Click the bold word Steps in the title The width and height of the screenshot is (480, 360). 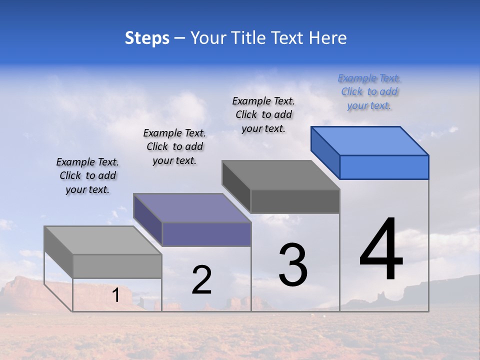[147, 38]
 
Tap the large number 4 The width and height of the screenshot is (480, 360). [381, 249]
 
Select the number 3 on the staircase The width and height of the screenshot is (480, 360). [293, 265]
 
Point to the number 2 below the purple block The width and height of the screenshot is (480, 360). [201, 280]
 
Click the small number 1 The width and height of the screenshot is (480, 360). [116, 295]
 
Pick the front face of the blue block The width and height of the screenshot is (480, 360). [384, 167]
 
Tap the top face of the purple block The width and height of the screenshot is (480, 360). [192, 207]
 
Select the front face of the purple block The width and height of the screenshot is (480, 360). [206, 234]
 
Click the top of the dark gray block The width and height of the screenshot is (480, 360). [281, 175]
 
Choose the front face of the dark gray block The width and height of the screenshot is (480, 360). [295, 201]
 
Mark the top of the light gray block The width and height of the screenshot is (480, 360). [103, 240]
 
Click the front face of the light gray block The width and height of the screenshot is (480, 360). [117, 266]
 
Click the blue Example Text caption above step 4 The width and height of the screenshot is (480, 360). [369, 92]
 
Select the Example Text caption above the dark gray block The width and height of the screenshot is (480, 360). [263, 115]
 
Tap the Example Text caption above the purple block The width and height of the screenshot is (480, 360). [174, 146]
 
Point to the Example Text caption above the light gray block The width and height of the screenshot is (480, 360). [87, 175]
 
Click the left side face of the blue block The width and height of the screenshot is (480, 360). [325, 152]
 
